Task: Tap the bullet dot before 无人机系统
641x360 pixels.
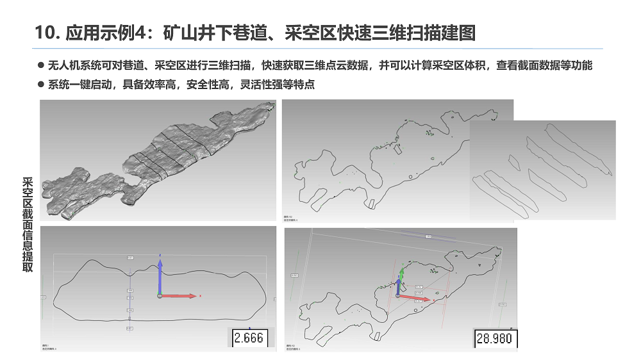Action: coord(41,65)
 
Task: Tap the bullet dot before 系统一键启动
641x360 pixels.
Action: coord(41,85)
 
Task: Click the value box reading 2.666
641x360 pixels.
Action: coord(249,338)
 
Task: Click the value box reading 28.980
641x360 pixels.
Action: coord(494,338)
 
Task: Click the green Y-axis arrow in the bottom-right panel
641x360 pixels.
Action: coord(401,274)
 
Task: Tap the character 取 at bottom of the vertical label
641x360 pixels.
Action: coord(27,268)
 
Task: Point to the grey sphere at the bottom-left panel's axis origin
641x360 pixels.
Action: coord(160,296)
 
